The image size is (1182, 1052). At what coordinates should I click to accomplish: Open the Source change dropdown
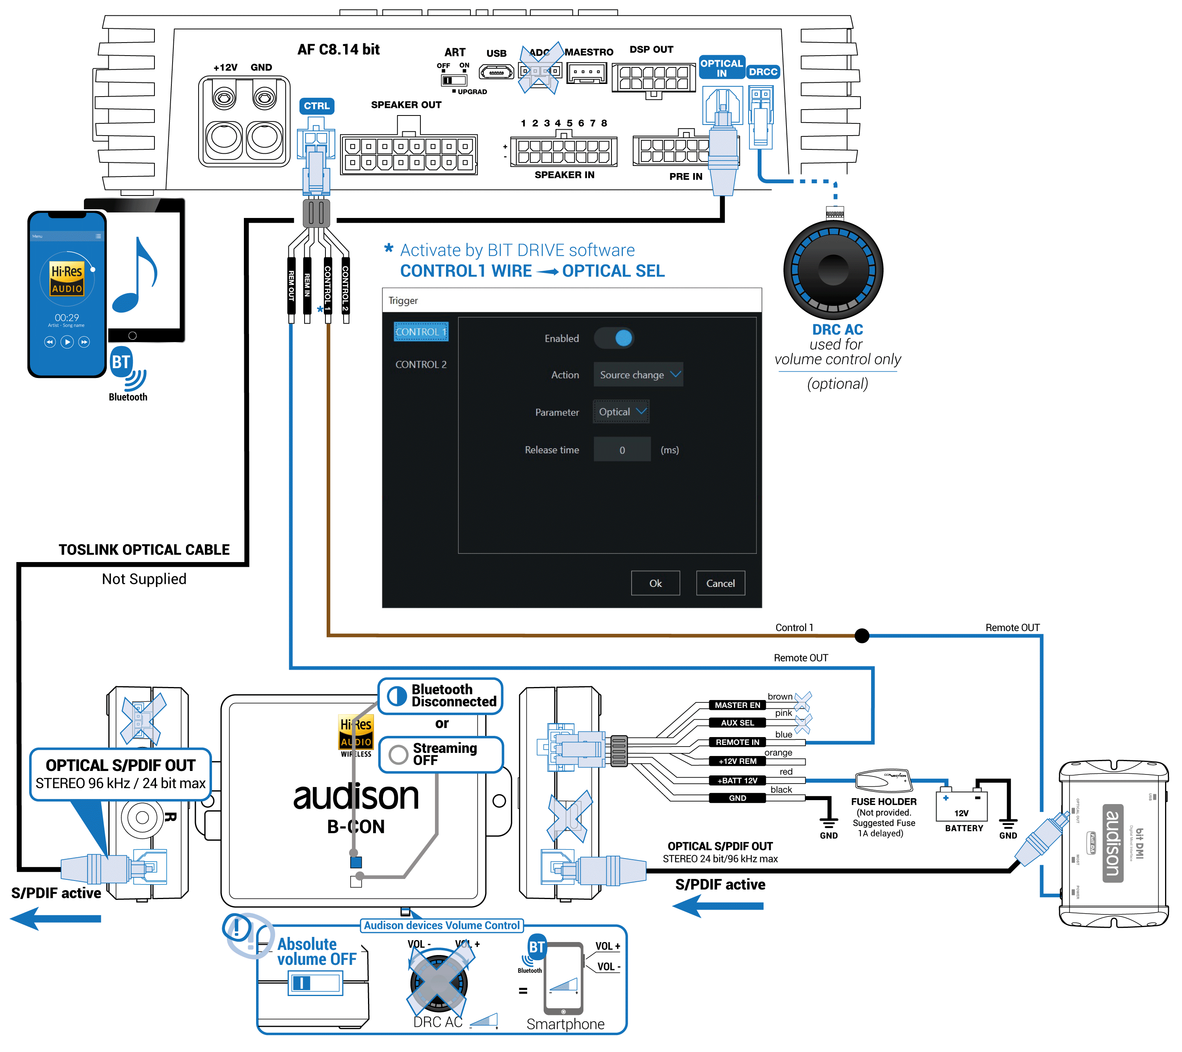[638, 375]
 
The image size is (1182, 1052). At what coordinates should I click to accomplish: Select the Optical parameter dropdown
[621, 412]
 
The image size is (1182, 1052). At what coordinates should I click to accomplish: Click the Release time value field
[622, 450]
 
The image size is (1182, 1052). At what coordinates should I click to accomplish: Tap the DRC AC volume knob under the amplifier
[833, 270]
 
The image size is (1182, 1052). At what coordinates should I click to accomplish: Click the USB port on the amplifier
[496, 73]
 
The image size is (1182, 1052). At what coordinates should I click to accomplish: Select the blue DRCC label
[763, 72]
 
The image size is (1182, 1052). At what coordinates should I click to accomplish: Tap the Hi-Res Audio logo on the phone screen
[67, 279]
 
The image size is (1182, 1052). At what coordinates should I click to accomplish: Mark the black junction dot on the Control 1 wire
[862, 636]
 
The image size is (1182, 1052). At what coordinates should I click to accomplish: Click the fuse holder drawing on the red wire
[883, 780]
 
